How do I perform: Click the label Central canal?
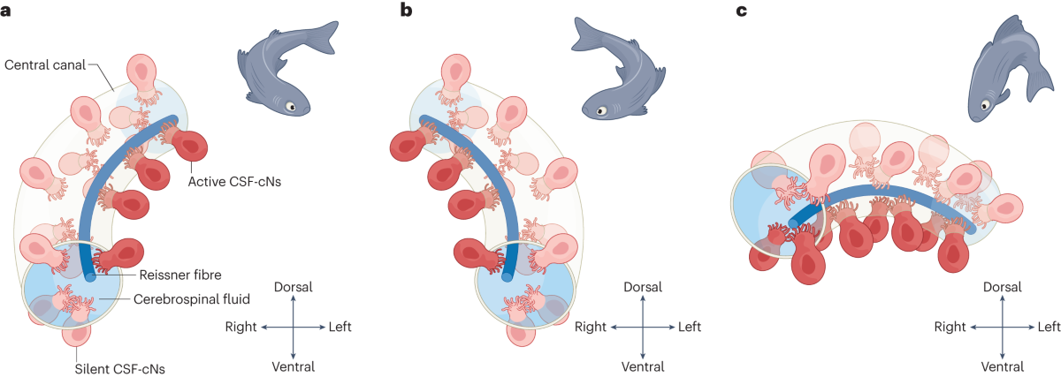[43, 64]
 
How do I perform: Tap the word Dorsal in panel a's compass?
[294, 288]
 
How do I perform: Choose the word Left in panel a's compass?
[340, 327]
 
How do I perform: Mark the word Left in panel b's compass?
[690, 327]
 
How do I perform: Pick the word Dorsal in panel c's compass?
[1002, 288]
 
